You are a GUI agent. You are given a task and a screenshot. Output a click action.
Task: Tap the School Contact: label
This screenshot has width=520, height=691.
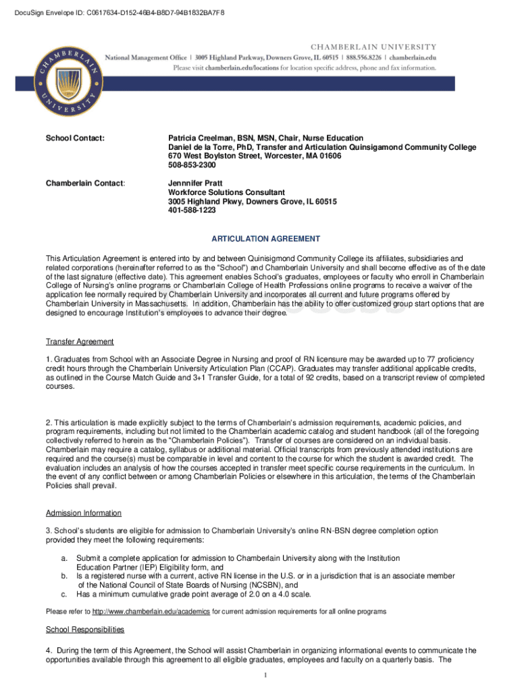[x=75, y=138]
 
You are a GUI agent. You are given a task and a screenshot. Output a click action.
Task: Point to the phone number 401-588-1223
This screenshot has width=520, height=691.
[x=192, y=211]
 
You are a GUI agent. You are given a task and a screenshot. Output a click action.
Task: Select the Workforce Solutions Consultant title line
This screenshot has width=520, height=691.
[x=226, y=192]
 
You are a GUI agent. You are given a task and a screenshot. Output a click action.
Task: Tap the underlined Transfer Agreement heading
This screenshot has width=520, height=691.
[x=80, y=341]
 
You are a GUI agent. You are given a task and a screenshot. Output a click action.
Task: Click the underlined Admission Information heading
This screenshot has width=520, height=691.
[x=84, y=513]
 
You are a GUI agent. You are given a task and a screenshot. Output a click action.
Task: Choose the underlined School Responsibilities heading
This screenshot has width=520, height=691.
[x=85, y=630]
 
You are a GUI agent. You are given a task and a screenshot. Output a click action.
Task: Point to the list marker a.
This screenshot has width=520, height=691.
[x=64, y=559]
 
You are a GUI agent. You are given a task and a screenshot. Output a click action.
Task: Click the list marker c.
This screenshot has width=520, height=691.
[x=64, y=595]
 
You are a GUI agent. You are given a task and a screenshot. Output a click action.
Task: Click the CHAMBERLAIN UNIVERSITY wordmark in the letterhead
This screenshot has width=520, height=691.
[x=373, y=47]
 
